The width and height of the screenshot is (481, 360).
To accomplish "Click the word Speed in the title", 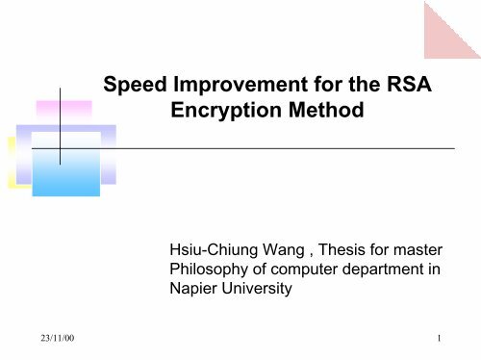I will click(x=139, y=88).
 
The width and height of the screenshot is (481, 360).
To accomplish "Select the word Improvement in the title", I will click(x=233, y=88).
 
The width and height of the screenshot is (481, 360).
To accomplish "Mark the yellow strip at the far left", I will click(x=13, y=159).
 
